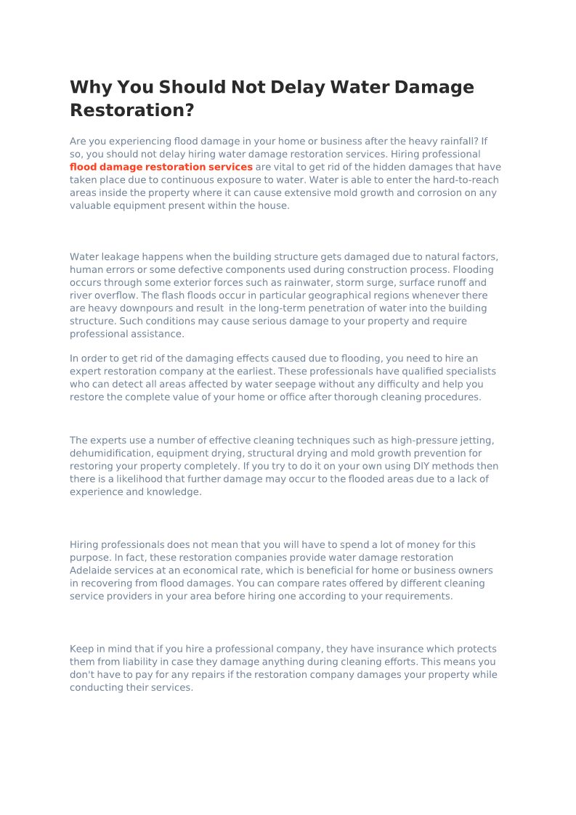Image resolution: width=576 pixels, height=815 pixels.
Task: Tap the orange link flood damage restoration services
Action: (x=161, y=167)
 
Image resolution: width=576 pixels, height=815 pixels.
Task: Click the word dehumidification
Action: (x=108, y=454)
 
